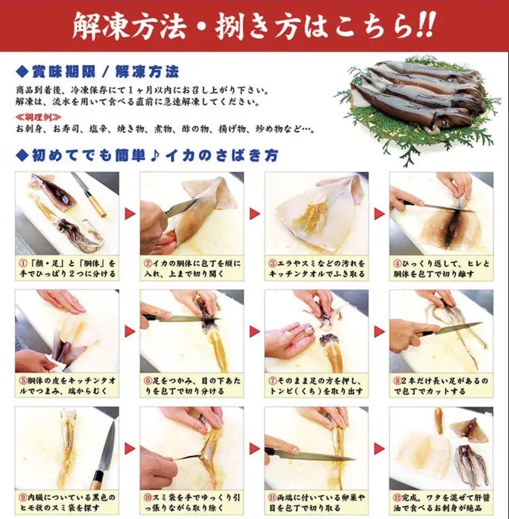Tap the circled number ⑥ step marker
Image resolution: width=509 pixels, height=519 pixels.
click(x=148, y=381)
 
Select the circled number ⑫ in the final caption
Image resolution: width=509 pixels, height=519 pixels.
click(x=398, y=498)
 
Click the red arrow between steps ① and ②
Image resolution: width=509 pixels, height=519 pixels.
click(x=130, y=214)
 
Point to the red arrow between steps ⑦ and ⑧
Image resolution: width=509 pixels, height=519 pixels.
click(x=379, y=331)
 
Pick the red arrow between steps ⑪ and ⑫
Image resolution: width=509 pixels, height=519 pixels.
click(x=379, y=449)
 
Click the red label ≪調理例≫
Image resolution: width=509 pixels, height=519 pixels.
click(x=38, y=117)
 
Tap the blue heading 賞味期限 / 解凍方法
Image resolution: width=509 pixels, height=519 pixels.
click(x=105, y=72)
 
